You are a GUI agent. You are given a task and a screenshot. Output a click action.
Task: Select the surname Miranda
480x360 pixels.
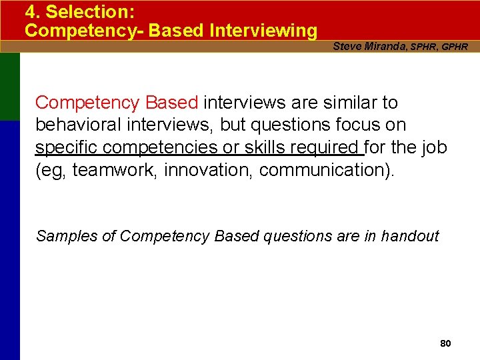click(x=383, y=46)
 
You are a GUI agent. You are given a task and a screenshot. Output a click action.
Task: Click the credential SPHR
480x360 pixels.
click(x=423, y=47)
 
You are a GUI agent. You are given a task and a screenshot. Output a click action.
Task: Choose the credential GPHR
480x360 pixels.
click(x=454, y=47)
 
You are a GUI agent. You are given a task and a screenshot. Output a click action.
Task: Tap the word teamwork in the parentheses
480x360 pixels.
click(x=116, y=170)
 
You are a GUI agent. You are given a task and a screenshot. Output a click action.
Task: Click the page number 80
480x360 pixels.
click(x=446, y=343)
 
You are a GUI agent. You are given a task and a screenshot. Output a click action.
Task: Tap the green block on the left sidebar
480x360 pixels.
click(x=9, y=87)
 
